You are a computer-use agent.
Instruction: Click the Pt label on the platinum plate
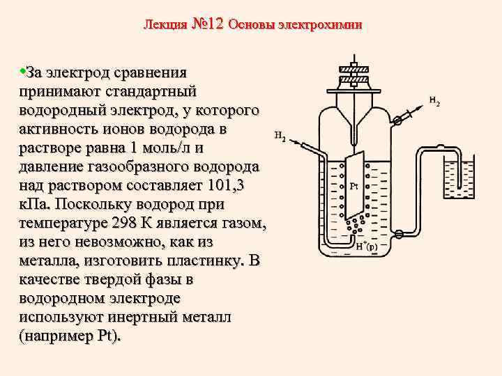pos(353,187)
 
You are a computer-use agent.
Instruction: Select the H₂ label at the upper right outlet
pos(434,102)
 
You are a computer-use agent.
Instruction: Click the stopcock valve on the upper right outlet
pos(398,120)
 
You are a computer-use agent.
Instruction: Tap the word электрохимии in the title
pos(320,25)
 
